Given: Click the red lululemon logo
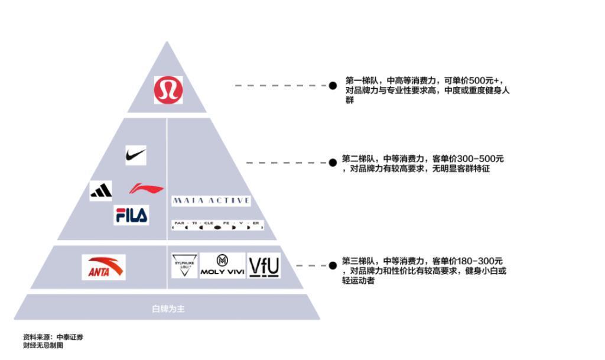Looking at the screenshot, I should (168, 90).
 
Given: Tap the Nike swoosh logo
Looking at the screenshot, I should (135, 155).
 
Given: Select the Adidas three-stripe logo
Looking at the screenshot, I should (101, 190).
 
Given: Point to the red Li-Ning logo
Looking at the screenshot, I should (147, 189).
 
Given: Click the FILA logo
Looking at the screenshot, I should (131, 215).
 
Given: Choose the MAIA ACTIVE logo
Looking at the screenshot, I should (211, 201).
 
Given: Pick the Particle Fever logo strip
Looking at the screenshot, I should (217, 225).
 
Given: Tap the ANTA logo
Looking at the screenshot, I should (103, 267).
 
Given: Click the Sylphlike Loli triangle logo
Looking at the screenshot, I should (184, 265).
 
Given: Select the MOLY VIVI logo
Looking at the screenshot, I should (222, 265).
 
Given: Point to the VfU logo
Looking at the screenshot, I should (264, 267).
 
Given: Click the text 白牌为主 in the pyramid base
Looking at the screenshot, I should (168, 309).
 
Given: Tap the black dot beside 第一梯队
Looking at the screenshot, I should (333, 86).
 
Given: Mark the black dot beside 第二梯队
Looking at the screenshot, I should (333, 163).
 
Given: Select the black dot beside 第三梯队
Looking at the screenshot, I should (333, 265).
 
